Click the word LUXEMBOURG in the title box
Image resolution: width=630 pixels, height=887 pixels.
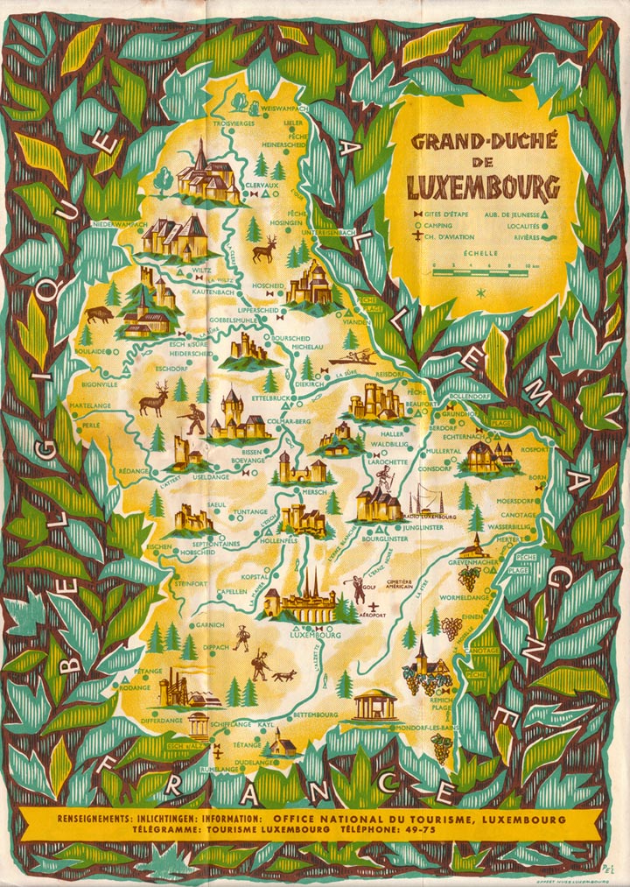click(483, 187)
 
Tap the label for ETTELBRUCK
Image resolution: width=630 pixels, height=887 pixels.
click(270, 398)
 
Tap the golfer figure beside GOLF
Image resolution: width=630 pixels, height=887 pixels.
click(359, 588)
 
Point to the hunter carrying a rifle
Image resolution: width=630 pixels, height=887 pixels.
click(193, 419)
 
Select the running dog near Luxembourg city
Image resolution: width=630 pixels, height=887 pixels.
click(283, 675)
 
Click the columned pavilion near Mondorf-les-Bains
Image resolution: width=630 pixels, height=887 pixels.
click(376, 705)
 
